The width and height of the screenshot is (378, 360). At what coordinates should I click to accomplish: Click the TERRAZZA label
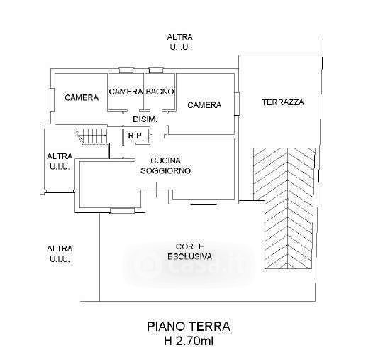pos(283,102)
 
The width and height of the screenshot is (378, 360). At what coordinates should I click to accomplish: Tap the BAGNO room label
pos(160,92)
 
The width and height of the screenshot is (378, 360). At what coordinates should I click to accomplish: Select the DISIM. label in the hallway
pos(145,119)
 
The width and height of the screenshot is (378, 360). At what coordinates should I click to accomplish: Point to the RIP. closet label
pos(136,136)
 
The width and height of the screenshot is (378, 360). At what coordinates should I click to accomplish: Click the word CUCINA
pos(166,160)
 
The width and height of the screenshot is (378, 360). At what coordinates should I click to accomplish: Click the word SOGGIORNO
pos(166,170)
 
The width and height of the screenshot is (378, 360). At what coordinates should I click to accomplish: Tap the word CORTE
pos(190,246)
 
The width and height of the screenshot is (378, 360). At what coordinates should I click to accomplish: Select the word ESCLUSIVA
pos(190,256)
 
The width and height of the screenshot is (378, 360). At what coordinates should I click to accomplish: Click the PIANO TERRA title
pos(189,327)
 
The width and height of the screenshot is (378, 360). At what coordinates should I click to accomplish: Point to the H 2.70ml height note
pos(189,341)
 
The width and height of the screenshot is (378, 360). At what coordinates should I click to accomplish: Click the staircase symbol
pos(91,136)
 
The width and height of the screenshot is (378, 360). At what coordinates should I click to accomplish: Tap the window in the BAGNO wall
pos(156,70)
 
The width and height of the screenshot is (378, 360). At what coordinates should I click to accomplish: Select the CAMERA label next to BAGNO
pos(126,92)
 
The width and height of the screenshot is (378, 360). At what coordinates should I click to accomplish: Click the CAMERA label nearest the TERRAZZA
pos(204,105)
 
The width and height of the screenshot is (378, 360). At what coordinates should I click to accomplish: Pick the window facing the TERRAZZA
pos(237,104)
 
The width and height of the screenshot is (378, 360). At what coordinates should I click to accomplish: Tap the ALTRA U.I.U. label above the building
pos(180,42)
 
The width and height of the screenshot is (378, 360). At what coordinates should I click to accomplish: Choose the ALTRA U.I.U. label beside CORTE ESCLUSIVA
pos(60,253)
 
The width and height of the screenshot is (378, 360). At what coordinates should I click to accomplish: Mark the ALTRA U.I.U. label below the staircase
pos(60,161)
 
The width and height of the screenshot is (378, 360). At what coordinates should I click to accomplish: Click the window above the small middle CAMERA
pos(126,70)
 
